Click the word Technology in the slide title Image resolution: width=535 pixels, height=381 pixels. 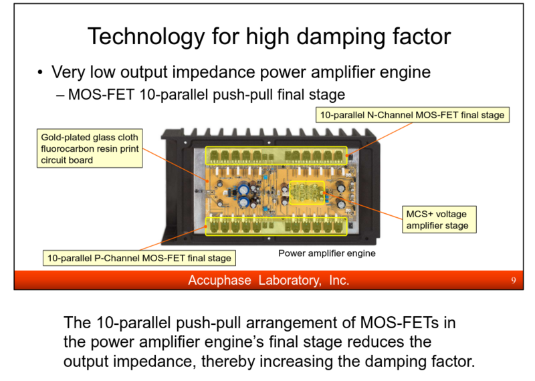tap(146, 37)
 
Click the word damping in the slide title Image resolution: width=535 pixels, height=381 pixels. tap(341, 37)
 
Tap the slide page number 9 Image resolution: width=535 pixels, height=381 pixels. tap(513, 280)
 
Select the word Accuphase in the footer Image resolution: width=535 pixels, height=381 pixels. tap(219, 280)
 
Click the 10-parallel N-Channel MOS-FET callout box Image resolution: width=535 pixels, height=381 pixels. tap(412, 115)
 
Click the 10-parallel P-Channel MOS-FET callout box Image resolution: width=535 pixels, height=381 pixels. tap(139, 258)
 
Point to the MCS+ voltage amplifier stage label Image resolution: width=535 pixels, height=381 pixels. tap(439, 220)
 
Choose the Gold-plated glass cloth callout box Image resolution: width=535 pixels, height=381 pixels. tap(90, 148)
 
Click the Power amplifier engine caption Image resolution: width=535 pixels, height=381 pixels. tap(327, 253)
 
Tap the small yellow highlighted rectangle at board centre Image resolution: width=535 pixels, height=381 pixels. tap(307, 193)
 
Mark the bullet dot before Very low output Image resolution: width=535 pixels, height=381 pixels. tap(40, 72)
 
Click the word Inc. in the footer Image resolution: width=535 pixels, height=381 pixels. tap(339, 280)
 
